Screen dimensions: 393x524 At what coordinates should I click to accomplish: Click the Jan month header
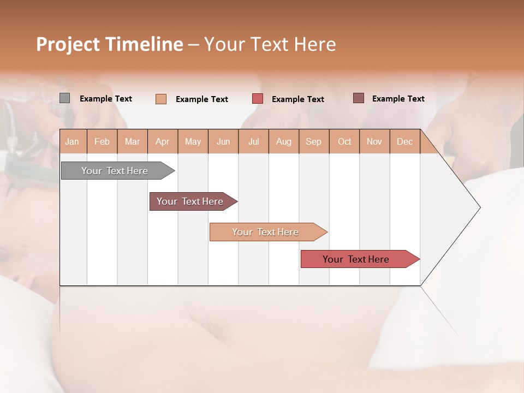pyautogui.click(x=73, y=141)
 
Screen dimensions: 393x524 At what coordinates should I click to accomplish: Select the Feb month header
pyautogui.click(x=102, y=141)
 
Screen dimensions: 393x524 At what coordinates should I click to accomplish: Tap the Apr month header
pyautogui.click(x=163, y=141)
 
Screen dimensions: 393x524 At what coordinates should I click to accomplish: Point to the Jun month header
pyautogui.click(x=223, y=141)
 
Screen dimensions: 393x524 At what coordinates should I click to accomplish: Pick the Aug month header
pyautogui.click(x=284, y=141)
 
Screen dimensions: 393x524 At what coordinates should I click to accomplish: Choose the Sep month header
pyautogui.click(x=314, y=141)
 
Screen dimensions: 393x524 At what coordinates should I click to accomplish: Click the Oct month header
pyautogui.click(x=344, y=141)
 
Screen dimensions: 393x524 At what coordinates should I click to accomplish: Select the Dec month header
pyautogui.click(x=405, y=141)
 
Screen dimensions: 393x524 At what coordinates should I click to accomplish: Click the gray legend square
pyautogui.click(x=65, y=98)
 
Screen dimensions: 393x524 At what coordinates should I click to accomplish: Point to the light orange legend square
pyautogui.click(x=161, y=99)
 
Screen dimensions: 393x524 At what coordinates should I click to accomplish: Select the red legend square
pyautogui.click(x=258, y=99)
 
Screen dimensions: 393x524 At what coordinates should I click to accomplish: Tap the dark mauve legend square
pyautogui.click(x=359, y=98)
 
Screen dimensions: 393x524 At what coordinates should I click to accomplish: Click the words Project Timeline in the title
pyautogui.click(x=109, y=44)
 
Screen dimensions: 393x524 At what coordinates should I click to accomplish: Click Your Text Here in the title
pyautogui.click(x=270, y=44)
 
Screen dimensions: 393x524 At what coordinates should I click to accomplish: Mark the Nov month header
pyautogui.click(x=374, y=141)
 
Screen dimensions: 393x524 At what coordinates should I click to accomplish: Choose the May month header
pyautogui.click(x=193, y=141)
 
